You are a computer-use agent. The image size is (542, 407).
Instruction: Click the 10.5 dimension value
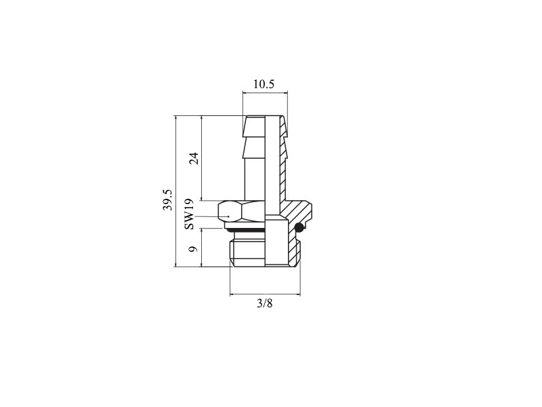pos(264,84)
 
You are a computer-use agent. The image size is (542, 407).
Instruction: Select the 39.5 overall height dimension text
pos(167,199)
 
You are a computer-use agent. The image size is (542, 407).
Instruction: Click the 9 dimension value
pos(194,248)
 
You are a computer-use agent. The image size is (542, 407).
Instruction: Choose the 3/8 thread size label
pos(265,303)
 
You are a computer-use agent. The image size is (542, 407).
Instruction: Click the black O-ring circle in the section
pos(299,227)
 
